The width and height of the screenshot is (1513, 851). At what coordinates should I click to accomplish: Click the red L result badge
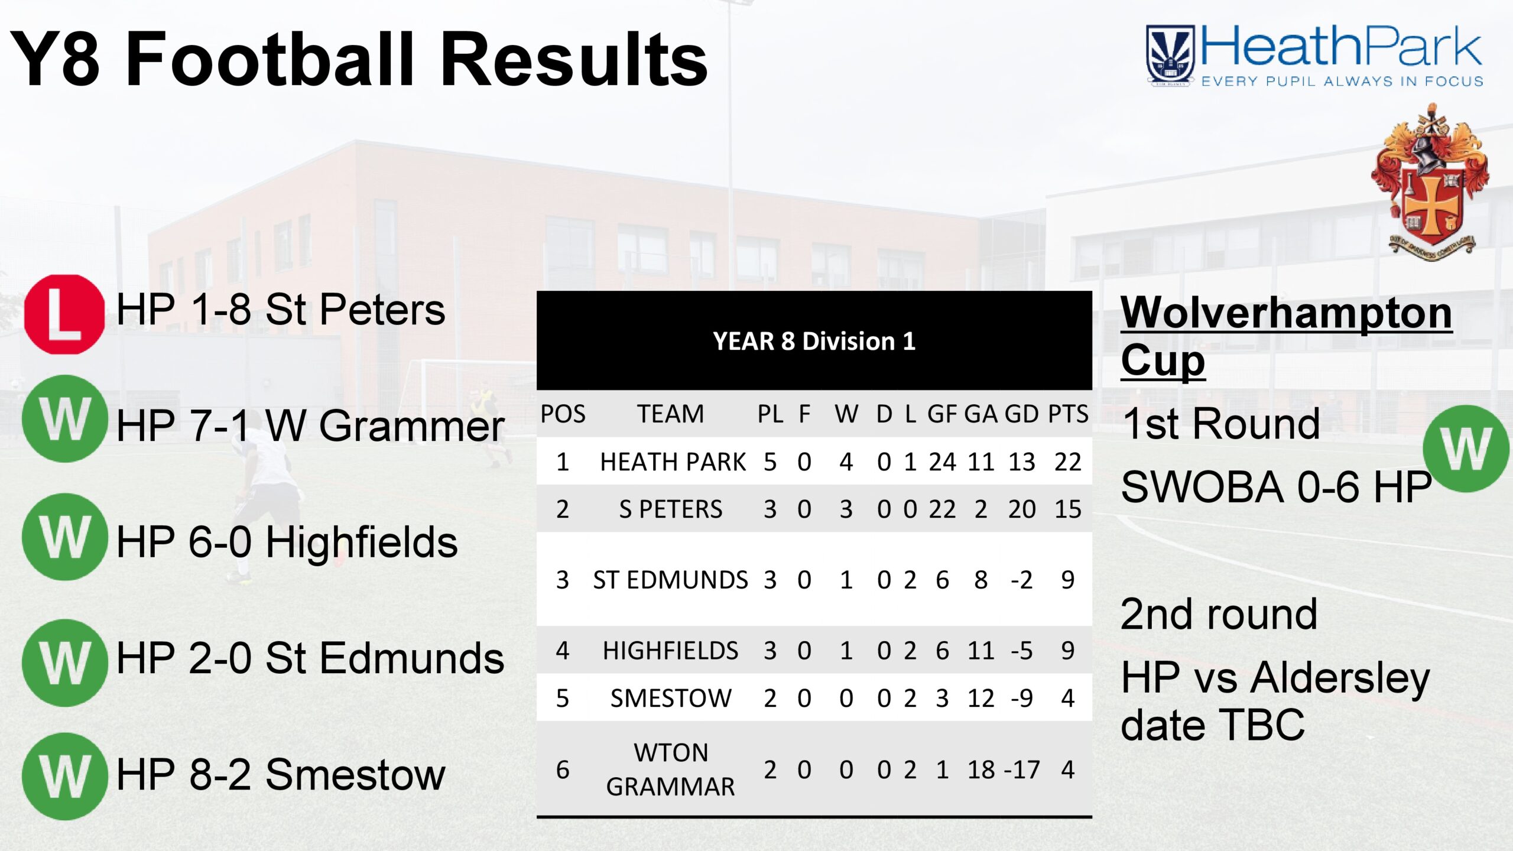pyautogui.click(x=64, y=314)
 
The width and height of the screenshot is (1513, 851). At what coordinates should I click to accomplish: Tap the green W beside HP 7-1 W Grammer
pyautogui.click(x=65, y=418)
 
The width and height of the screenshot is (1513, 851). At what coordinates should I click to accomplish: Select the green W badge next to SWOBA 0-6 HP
pyautogui.click(x=1466, y=449)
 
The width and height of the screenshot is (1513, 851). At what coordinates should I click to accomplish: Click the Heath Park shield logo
pyautogui.click(x=1170, y=56)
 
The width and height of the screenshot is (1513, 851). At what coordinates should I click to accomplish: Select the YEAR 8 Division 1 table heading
pyautogui.click(x=814, y=341)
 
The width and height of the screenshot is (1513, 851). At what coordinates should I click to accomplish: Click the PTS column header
pyautogui.click(x=1068, y=414)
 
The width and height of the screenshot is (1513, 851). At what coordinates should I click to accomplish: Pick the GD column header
pyautogui.click(x=1022, y=414)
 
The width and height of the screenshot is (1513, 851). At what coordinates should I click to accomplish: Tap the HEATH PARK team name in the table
pyautogui.click(x=673, y=462)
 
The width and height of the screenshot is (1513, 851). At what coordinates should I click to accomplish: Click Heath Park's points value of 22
pyautogui.click(x=1068, y=462)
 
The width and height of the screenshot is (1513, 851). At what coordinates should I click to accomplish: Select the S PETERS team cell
pyautogui.click(x=671, y=509)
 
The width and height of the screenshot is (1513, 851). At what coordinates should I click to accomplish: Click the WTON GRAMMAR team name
pyautogui.click(x=671, y=769)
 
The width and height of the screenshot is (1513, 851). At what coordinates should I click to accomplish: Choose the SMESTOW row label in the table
pyautogui.click(x=671, y=699)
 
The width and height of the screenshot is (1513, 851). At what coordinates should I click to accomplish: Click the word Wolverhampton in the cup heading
pyautogui.click(x=1287, y=313)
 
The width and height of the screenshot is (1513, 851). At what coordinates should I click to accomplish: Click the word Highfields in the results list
pyautogui.click(x=362, y=543)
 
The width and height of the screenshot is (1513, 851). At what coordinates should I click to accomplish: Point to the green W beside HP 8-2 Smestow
pyautogui.click(x=65, y=777)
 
